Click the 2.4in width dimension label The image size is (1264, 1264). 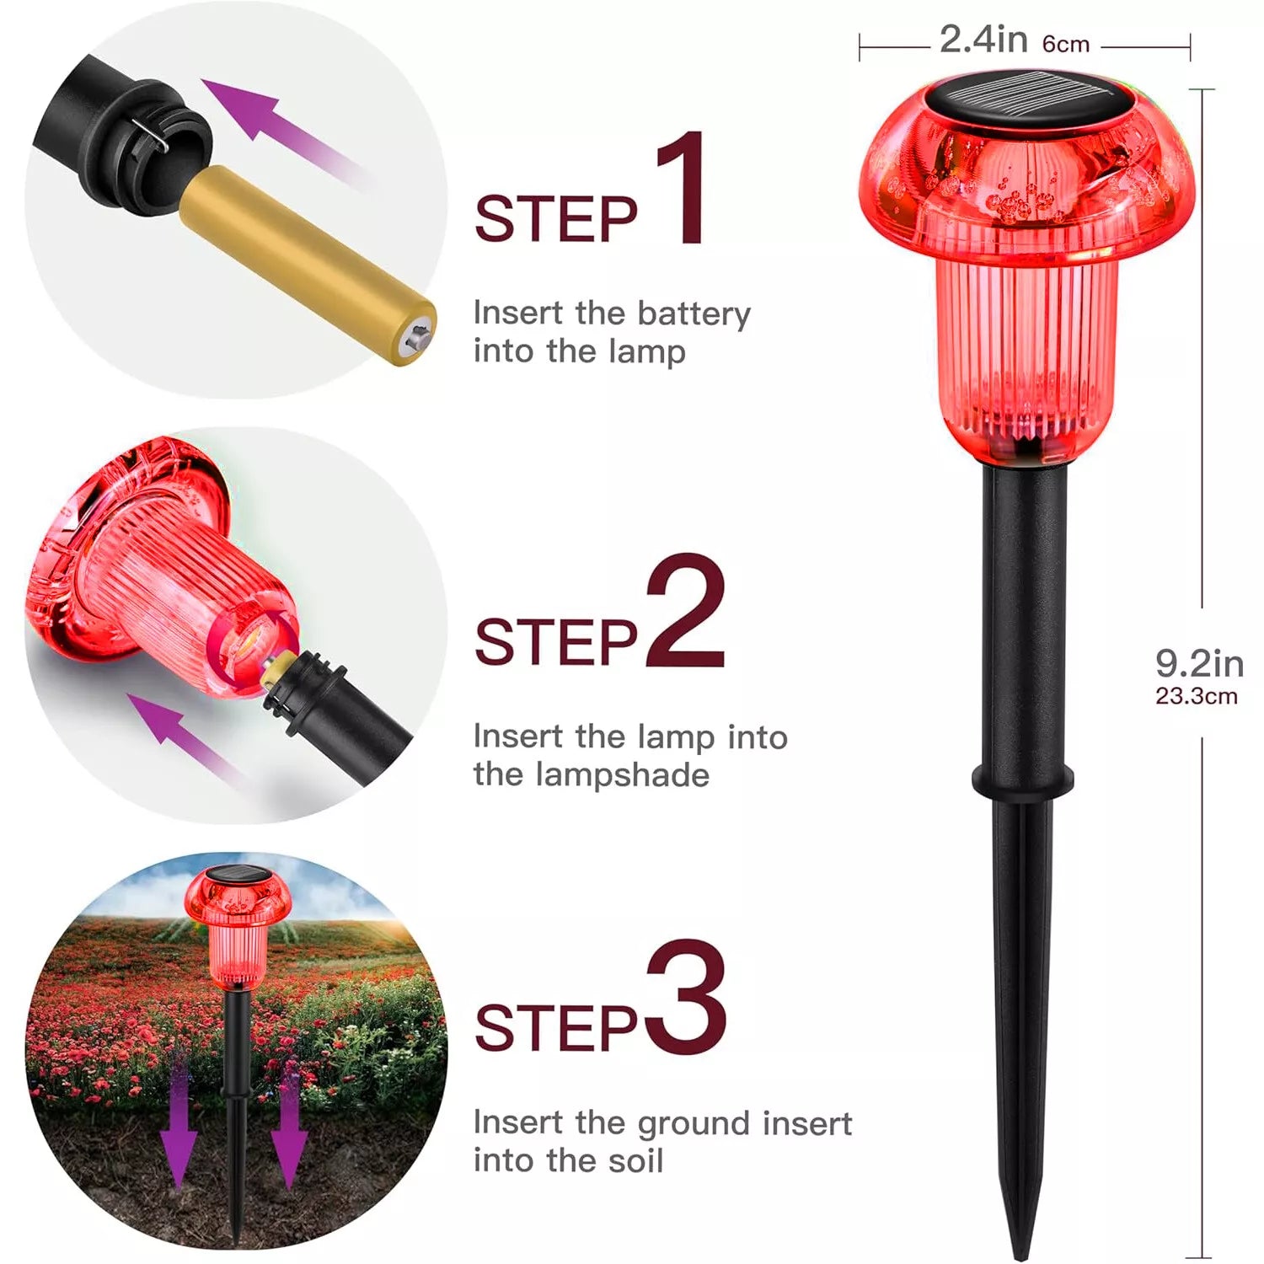[x=983, y=40]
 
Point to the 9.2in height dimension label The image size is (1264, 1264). [x=1199, y=663]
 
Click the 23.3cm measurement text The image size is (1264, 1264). [x=1197, y=696]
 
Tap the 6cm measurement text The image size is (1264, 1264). [x=1066, y=44]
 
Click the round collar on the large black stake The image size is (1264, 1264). [x=1023, y=779]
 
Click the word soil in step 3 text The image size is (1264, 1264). [x=636, y=1160]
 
